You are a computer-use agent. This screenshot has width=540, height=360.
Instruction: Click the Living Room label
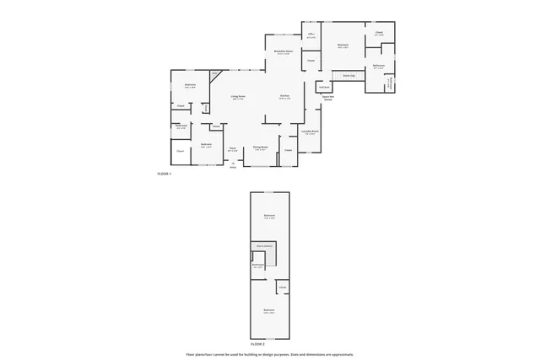[x=238, y=97]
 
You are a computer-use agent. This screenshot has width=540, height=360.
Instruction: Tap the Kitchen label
[x=284, y=97]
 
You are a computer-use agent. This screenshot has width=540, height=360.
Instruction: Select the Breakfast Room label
[x=283, y=52]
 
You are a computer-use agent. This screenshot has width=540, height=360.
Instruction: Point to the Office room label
[x=310, y=35]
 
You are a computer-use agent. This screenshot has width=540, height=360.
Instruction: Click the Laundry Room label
[x=310, y=132]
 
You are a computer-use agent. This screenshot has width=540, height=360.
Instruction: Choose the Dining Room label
[x=261, y=148]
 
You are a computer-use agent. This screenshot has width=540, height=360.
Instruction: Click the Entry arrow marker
[x=233, y=163]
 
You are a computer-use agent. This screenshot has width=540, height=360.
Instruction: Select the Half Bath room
[x=323, y=87]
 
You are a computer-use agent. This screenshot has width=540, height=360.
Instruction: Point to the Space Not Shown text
[x=327, y=98]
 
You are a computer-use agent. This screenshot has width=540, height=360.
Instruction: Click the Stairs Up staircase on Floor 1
[x=348, y=77]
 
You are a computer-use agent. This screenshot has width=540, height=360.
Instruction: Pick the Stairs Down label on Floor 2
[x=265, y=246]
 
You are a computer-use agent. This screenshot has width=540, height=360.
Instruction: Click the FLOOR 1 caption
[x=164, y=174]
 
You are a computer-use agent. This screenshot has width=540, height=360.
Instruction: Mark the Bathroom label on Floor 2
[x=257, y=265]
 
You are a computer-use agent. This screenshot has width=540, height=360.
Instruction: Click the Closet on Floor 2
[x=282, y=287]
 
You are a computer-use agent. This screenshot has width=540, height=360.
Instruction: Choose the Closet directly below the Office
[x=310, y=61]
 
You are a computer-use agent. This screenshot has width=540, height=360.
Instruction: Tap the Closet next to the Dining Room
[x=288, y=151]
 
